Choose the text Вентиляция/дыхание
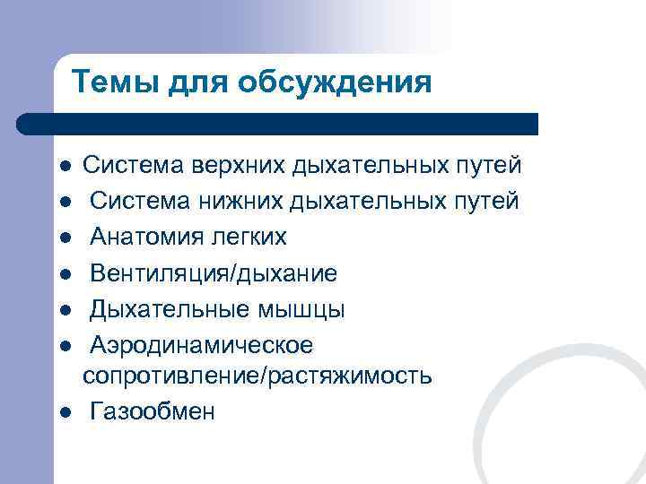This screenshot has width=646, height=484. tap(214, 273)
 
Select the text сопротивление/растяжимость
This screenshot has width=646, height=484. tap(257, 376)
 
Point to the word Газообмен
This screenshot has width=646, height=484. tap(153, 411)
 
